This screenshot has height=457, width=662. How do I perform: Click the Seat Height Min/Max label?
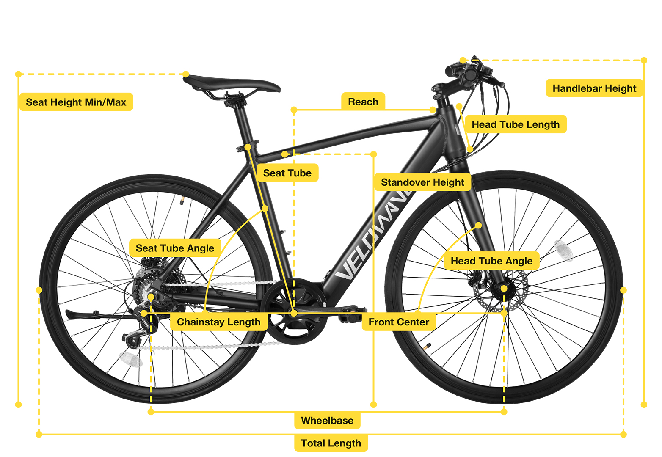pyautogui.click(x=76, y=102)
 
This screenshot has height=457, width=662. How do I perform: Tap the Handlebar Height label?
pyautogui.click(x=594, y=88)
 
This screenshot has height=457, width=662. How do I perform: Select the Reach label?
pyautogui.click(x=363, y=102)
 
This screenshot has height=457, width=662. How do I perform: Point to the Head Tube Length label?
pyautogui.click(x=516, y=124)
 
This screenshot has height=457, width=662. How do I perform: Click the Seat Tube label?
pyautogui.click(x=287, y=173)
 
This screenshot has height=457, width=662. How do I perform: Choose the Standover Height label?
pyautogui.click(x=422, y=182)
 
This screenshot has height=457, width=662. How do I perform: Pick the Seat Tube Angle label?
pyautogui.click(x=175, y=248)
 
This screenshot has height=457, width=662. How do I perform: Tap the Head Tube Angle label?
pyautogui.click(x=491, y=261)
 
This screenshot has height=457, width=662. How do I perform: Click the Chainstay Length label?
pyautogui.click(x=219, y=322)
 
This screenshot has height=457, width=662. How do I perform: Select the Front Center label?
pyautogui.click(x=399, y=322)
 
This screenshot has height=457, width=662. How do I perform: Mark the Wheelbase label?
pyautogui.click(x=327, y=420)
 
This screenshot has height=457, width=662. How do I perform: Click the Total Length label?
pyautogui.click(x=331, y=443)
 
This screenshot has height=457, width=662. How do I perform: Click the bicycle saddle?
pyautogui.click(x=232, y=83)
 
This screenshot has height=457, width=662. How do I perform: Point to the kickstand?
pyautogui.click(x=97, y=315)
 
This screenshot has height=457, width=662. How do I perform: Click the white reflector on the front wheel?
pyautogui.click(x=563, y=251)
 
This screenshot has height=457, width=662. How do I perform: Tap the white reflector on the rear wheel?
pyautogui.click(x=131, y=359)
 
